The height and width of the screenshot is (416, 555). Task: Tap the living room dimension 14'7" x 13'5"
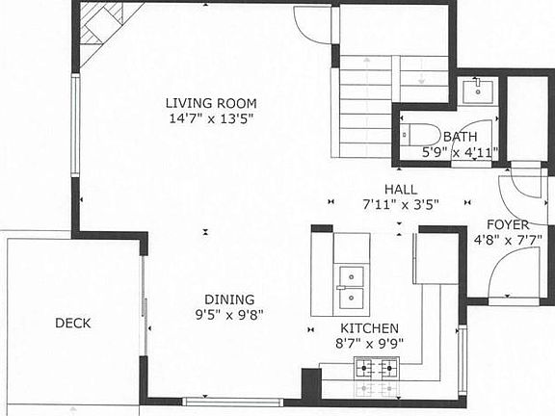point(211,119)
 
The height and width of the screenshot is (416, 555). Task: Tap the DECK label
point(72,324)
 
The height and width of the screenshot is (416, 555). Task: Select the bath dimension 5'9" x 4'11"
point(459,152)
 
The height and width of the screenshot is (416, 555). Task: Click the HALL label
point(400,190)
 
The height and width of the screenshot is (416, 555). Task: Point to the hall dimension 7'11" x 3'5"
point(400,204)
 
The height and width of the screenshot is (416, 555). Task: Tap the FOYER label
point(508,223)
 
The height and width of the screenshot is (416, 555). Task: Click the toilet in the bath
point(422,135)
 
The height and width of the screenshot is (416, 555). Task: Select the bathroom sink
point(477,91)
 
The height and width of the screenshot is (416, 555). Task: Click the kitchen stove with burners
point(377,367)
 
